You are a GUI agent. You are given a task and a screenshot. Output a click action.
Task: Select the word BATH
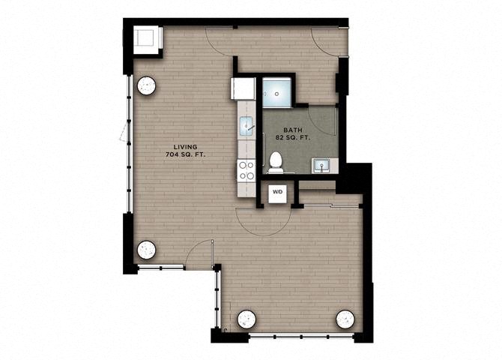tap(293, 130)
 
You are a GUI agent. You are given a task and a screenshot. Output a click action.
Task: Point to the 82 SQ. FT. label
tap(293, 137)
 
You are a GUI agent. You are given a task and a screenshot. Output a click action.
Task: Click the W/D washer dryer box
tap(277, 192)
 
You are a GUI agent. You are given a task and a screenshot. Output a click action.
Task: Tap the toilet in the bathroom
tap(275, 162)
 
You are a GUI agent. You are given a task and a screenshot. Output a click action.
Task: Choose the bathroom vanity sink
tap(321, 166)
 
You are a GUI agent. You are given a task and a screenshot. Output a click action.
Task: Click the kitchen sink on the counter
tap(247, 125)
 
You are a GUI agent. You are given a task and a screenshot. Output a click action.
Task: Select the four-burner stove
tap(247, 171)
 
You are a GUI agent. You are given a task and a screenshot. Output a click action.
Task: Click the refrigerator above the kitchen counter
tap(243, 88)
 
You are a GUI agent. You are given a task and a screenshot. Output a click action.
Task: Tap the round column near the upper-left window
tap(147, 86)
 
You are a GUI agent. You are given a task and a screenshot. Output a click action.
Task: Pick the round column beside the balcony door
tap(147, 250)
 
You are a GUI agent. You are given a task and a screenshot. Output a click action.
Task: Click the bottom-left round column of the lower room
tap(247, 319)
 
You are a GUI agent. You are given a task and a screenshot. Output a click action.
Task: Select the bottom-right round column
tap(345, 319)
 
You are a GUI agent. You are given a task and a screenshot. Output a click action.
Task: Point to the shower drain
tap(277, 94)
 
